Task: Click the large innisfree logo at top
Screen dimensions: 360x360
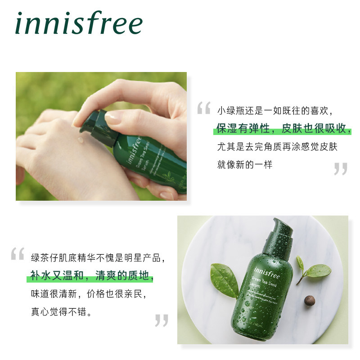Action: pyautogui.click(x=79, y=23)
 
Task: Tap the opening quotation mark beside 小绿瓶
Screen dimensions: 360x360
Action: pyautogui.click(x=204, y=108)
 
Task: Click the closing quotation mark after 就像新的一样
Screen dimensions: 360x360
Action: pyautogui.click(x=341, y=169)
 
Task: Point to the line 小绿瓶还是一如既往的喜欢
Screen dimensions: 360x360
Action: pyautogui.click(x=276, y=110)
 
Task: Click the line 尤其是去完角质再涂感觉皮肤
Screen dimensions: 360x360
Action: pyautogui.click(x=277, y=147)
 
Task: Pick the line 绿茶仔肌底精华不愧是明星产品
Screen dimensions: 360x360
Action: pyautogui.click(x=98, y=258)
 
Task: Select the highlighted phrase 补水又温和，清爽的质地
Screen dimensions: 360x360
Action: pyautogui.click(x=92, y=276)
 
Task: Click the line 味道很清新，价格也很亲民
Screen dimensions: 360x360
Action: pyautogui.click(x=89, y=294)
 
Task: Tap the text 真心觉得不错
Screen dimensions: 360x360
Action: pyautogui.click(x=62, y=312)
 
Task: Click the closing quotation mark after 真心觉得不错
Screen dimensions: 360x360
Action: pyautogui.click(x=161, y=320)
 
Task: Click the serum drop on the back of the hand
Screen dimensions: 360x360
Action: pyautogui.click(x=81, y=139)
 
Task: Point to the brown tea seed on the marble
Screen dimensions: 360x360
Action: pyautogui.click(x=309, y=301)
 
